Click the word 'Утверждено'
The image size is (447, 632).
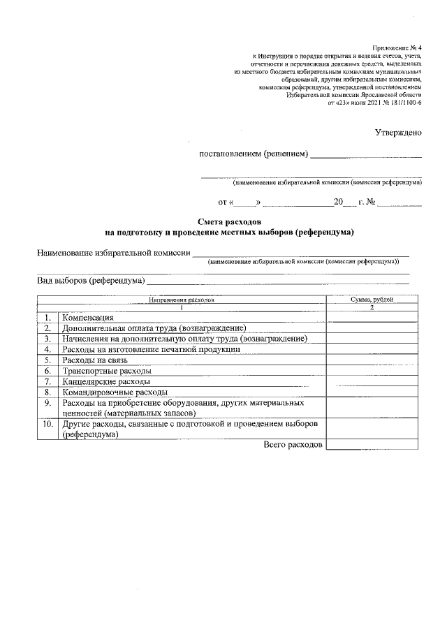tap(398, 132)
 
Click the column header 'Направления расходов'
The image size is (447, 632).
tap(181, 299)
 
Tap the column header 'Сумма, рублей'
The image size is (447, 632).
tap(372, 299)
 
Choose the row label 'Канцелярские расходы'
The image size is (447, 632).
tap(106, 381)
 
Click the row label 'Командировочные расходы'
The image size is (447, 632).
tap(115, 392)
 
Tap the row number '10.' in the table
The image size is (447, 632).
tap(47, 424)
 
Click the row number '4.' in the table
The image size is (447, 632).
tap(47, 349)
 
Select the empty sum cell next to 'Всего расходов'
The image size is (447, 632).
tap(372, 445)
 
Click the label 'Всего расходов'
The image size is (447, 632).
tap(293, 445)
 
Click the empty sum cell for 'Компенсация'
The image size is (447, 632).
tap(372, 317)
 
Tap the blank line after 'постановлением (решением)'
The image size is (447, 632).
tap(366, 154)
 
